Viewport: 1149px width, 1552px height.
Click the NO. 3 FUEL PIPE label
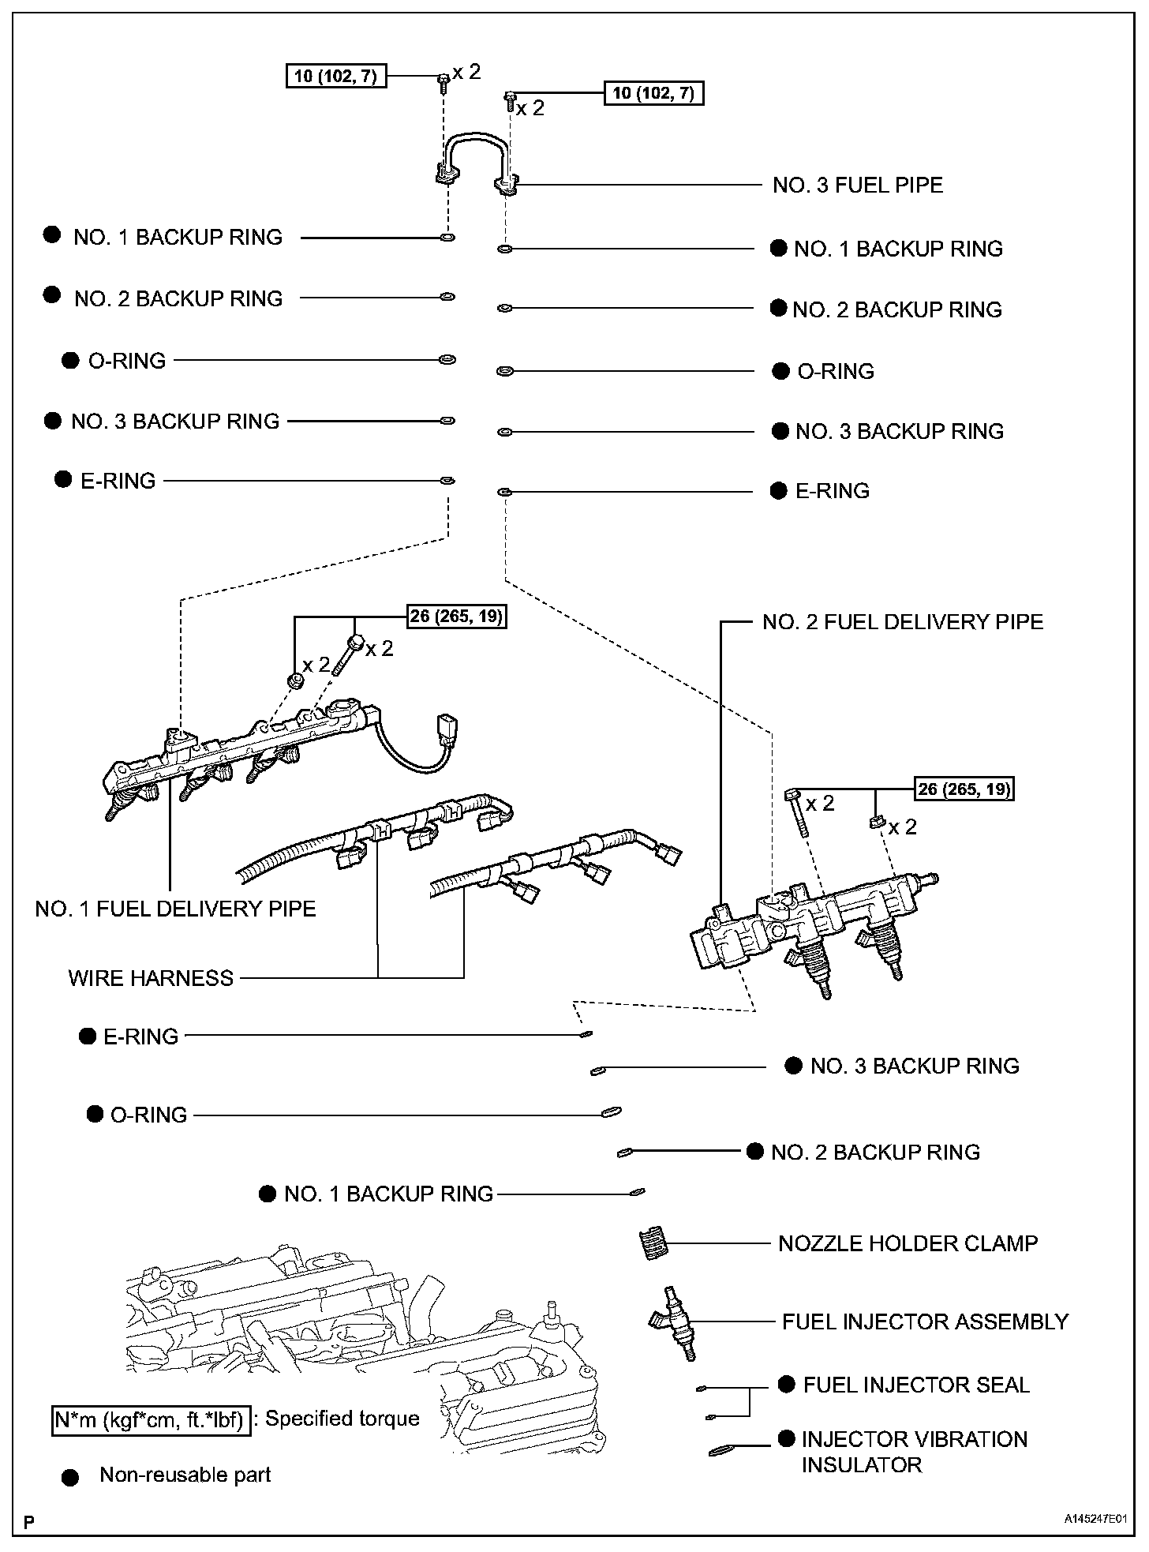(857, 186)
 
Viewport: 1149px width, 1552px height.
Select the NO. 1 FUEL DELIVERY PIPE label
(175, 909)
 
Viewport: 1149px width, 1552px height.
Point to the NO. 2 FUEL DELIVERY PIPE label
(903, 622)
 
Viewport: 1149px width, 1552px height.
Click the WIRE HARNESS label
(151, 978)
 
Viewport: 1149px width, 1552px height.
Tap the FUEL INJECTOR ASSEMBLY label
(925, 1321)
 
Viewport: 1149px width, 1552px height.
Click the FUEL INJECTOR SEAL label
(916, 1385)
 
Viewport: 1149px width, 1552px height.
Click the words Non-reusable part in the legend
(185, 1475)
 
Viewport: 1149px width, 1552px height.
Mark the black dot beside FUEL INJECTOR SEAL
(786, 1384)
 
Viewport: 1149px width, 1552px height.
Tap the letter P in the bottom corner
(29, 1521)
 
